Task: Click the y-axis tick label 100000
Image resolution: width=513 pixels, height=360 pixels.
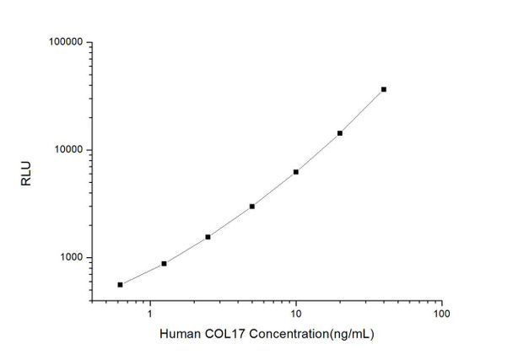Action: click(63, 42)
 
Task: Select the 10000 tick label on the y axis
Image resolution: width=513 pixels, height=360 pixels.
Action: click(66, 150)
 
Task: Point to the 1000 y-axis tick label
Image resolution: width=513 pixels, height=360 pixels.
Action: click(68, 258)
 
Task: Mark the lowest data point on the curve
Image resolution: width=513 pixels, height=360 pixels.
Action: click(120, 285)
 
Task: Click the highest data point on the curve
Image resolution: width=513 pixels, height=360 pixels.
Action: click(384, 89)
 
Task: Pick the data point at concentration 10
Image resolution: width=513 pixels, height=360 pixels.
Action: click(296, 172)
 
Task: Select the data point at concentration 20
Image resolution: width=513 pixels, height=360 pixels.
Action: click(340, 133)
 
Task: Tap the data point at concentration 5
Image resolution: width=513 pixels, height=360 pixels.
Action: click(252, 207)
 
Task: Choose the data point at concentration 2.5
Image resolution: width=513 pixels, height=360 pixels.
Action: click(208, 237)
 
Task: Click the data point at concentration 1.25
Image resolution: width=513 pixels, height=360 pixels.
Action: click(164, 264)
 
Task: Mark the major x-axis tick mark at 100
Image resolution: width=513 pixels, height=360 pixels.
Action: click(441, 300)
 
